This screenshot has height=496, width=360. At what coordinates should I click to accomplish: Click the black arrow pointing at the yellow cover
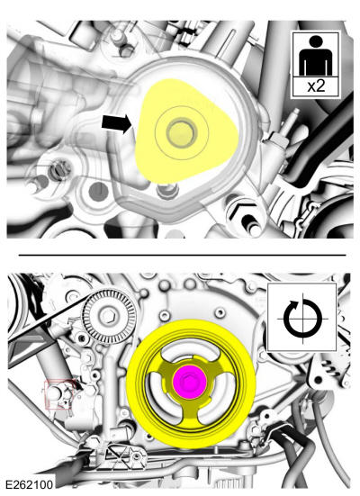tap(116, 123)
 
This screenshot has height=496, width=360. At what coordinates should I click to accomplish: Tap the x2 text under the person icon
tap(316, 86)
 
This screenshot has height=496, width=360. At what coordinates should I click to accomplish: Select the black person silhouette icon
tap(316, 55)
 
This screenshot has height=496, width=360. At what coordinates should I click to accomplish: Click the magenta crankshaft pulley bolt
tap(189, 382)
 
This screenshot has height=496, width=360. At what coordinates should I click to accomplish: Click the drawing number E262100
tap(29, 484)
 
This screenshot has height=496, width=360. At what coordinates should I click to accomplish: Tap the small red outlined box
tap(60, 394)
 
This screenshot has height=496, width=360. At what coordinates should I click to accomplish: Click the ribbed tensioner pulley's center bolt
tap(110, 315)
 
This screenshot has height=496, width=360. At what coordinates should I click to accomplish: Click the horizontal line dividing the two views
tap(182, 255)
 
